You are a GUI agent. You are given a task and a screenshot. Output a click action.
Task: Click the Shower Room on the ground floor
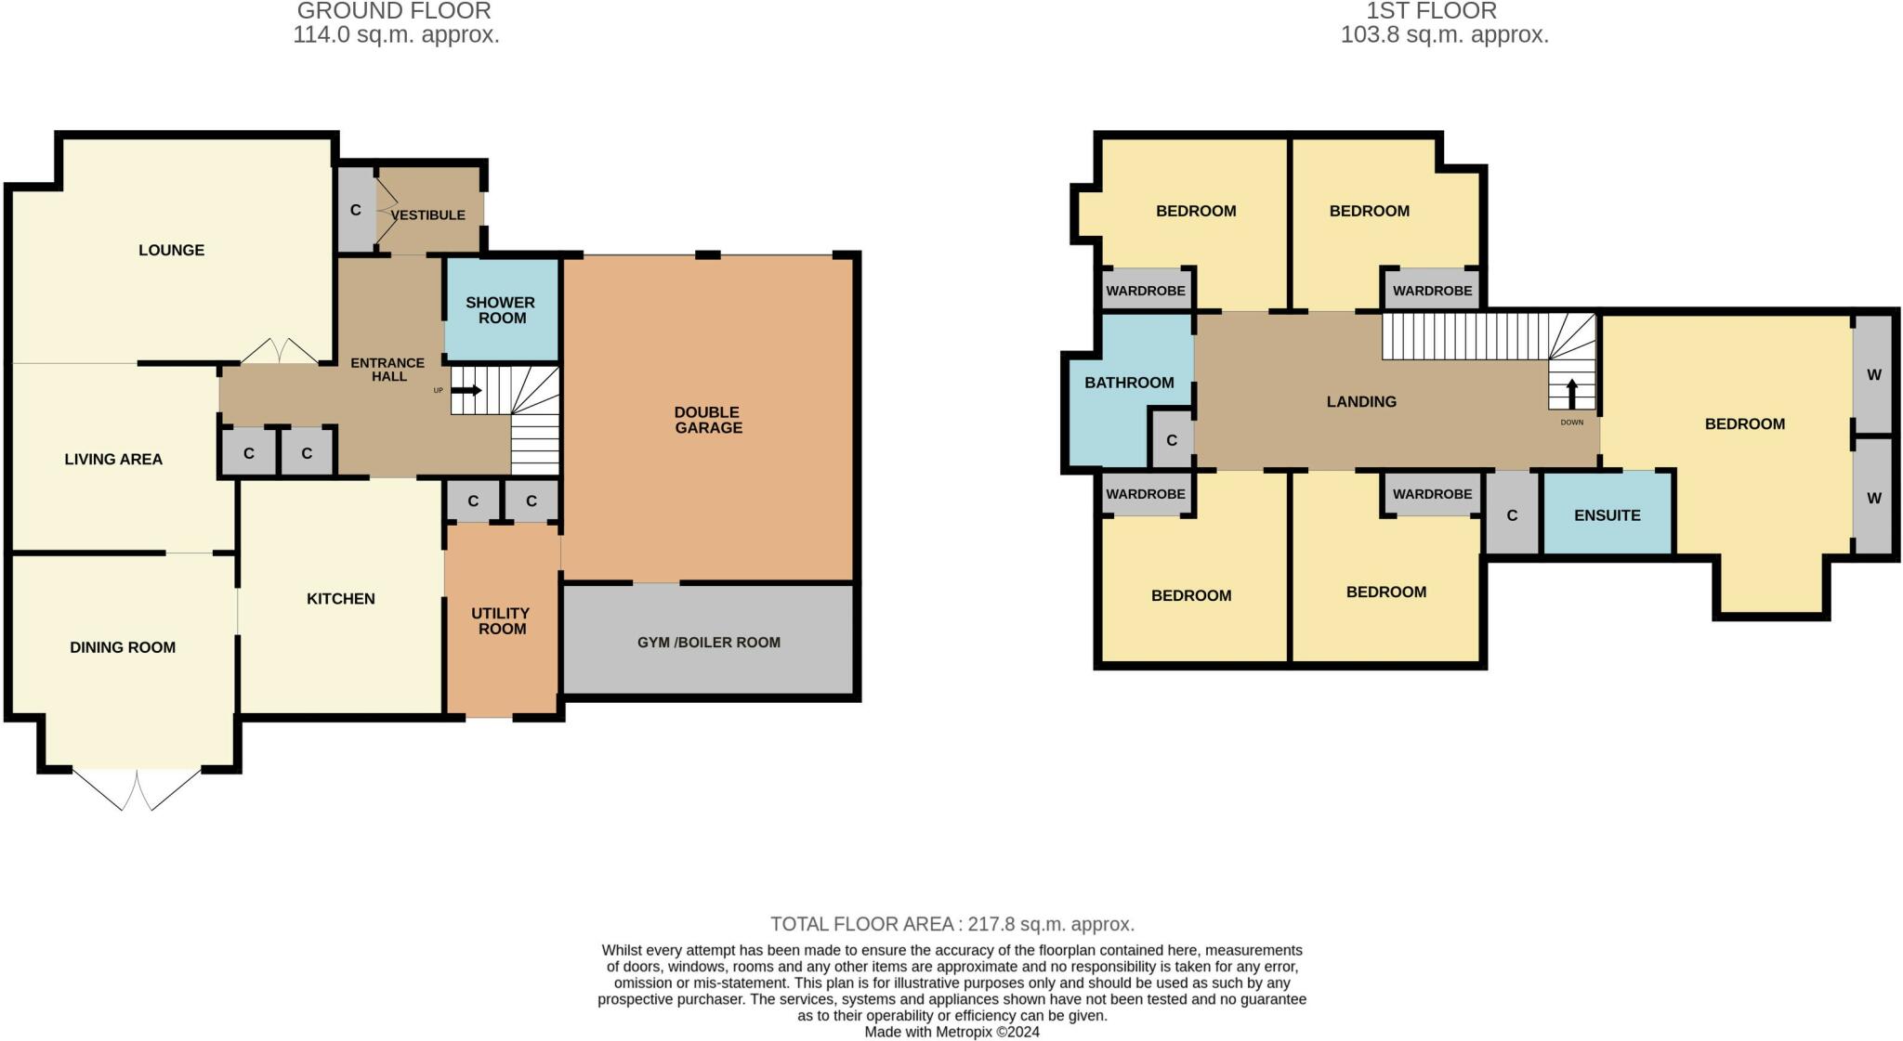(501, 310)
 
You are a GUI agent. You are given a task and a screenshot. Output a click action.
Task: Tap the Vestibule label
(427, 215)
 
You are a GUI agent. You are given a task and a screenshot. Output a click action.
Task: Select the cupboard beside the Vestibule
(355, 210)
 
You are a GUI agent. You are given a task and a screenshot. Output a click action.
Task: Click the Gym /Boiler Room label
(708, 642)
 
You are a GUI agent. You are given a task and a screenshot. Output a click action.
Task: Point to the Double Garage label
(708, 420)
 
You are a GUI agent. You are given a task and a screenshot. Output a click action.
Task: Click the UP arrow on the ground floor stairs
(467, 390)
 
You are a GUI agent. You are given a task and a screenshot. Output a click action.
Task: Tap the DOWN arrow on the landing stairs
(1572, 394)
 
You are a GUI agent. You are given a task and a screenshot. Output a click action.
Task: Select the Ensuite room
(1607, 514)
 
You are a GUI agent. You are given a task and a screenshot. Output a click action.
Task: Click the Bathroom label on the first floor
(1129, 382)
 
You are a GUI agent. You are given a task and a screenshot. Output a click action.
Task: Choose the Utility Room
(500, 620)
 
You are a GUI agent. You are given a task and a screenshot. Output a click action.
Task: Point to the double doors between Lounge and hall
(280, 351)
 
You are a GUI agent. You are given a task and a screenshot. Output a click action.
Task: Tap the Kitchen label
(341, 598)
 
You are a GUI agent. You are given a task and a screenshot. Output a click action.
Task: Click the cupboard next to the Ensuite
(1512, 514)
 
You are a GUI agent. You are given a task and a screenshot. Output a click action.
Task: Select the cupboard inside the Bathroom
(1172, 439)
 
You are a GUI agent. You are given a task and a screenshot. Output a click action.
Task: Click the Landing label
(1361, 401)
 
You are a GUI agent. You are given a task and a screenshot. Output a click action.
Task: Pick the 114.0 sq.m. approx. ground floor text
(396, 35)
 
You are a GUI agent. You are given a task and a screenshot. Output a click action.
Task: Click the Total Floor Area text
(952, 924)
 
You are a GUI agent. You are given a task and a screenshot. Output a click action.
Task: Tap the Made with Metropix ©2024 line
(951, 1032)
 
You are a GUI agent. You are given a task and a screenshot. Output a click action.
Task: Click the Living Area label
(113, 459)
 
